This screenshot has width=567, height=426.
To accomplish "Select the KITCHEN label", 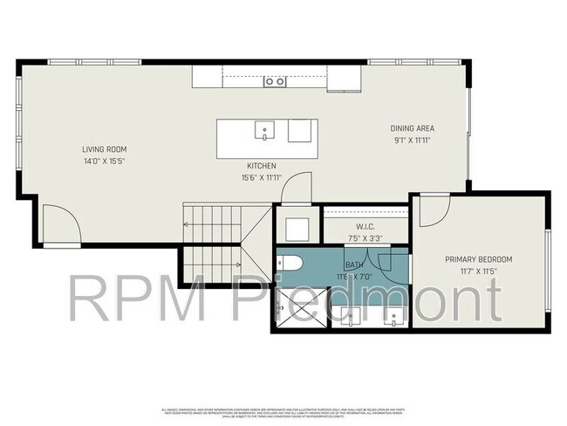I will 261,166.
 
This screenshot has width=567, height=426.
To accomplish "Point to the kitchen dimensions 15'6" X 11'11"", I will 261,178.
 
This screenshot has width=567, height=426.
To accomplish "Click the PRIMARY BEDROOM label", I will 478,259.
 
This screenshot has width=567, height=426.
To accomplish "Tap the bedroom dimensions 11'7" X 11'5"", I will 478,271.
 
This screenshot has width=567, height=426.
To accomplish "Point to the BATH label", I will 354,265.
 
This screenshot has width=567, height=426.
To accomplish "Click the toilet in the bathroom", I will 290,263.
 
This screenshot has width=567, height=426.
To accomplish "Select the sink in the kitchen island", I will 263,133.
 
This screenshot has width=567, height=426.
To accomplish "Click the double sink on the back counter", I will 275,81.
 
